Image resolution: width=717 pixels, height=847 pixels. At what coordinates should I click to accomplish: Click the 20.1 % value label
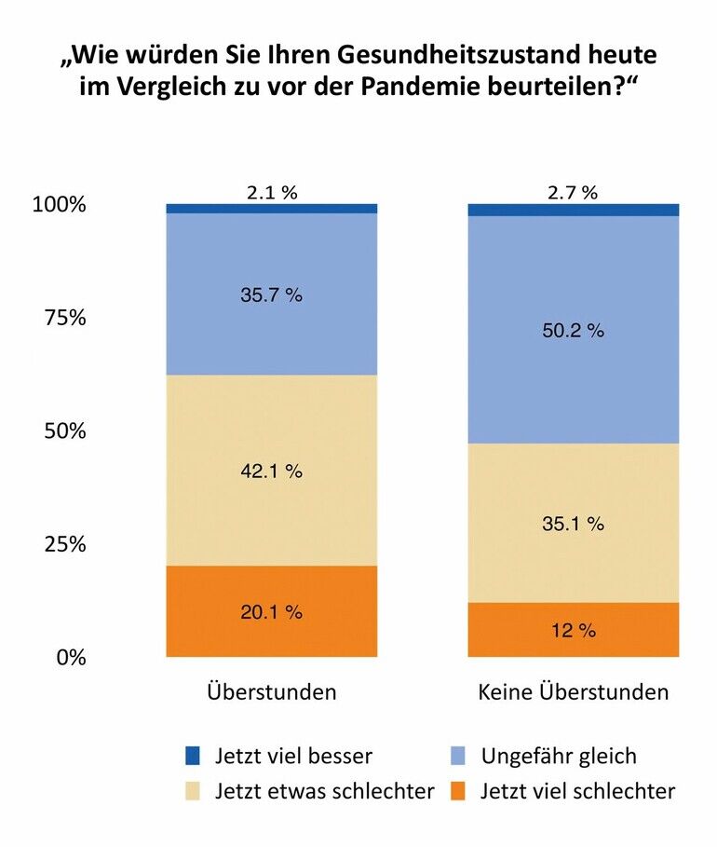271,612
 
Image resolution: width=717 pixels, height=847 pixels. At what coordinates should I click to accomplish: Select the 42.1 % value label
271,471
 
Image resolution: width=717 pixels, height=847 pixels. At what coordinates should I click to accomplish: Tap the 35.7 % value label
271,294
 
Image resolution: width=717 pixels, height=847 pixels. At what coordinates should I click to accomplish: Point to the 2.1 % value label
272,193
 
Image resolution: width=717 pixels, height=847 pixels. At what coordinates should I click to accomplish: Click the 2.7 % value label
573,193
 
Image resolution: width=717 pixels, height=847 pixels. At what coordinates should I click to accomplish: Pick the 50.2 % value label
573,330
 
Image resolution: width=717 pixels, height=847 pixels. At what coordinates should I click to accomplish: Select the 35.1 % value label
573,524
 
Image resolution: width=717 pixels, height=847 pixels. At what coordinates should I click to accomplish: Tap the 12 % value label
573,631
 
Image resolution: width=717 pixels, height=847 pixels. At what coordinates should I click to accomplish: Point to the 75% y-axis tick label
65,318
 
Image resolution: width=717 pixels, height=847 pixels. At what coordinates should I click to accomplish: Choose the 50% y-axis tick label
65,431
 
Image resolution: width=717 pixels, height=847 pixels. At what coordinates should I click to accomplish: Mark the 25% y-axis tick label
65,544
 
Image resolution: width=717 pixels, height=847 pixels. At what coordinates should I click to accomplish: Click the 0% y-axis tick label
71,657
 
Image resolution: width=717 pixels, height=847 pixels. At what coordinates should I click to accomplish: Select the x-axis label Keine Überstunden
573,692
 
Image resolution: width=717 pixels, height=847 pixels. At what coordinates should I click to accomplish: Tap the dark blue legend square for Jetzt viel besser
193,755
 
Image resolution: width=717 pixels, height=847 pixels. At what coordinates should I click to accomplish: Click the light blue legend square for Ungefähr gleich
458,755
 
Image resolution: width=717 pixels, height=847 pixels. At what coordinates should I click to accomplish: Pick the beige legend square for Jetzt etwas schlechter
193,791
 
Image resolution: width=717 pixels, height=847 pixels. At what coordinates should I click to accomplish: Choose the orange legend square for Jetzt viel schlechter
458,791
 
